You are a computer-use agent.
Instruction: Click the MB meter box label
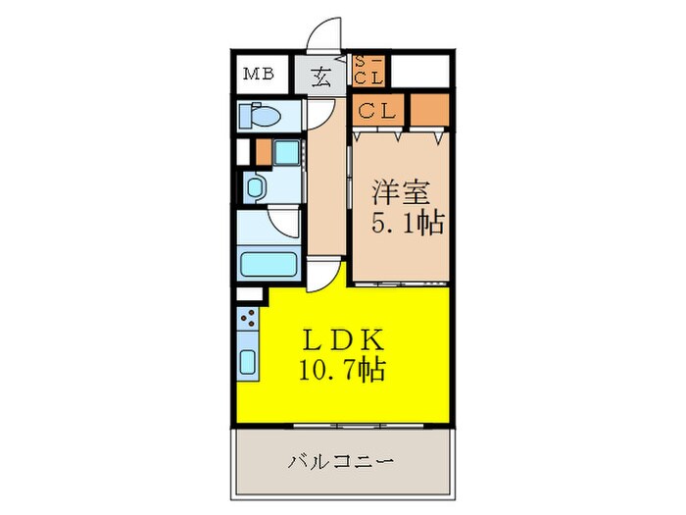point(259,74)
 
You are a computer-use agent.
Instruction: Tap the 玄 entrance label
point(322,76)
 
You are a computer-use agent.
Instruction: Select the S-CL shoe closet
point(369,71)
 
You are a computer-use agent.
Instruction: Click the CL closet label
point(375,111)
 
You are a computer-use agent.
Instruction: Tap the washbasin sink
point(255,187)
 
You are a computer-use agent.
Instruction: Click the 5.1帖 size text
point(406,224)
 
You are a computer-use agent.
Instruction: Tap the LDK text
point(342,339)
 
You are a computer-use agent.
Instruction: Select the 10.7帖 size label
point(342,370)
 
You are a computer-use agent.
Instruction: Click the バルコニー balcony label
point(342,460)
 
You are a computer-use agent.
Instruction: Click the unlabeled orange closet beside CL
point(428,110)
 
